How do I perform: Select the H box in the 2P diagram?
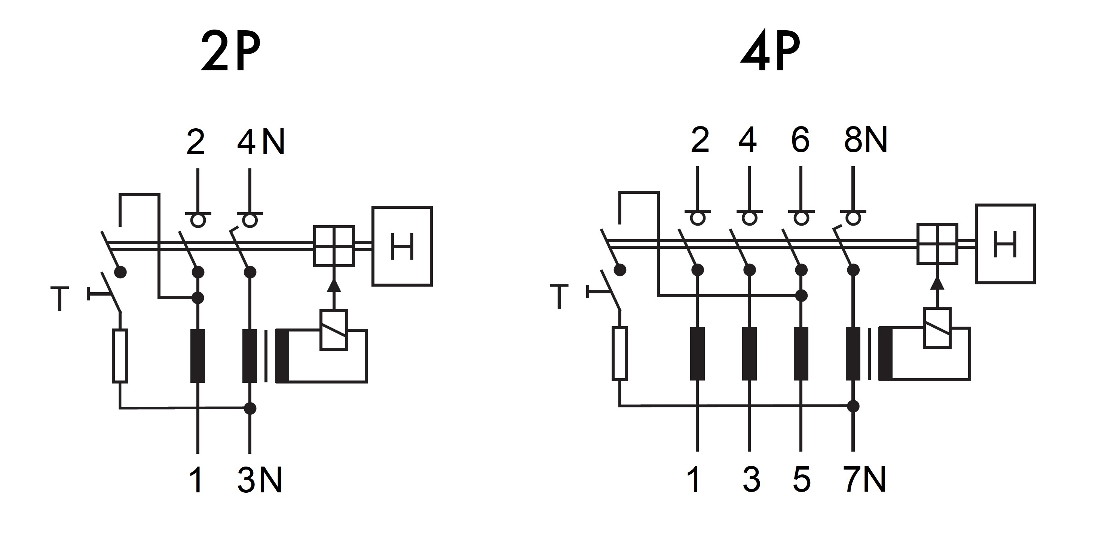click(x=402, y=246)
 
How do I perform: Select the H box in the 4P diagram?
click(x=1005, y=244)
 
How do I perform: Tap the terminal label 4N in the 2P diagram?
click(x=261, y=142)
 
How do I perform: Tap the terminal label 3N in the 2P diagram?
click(x=260, y=480)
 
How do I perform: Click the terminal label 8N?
click(x=866, y=140)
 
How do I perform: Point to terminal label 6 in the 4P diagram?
click(x=800, y=140)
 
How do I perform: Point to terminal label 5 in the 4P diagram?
click(x=801, y=480)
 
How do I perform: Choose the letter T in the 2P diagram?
click(x=60, y=299)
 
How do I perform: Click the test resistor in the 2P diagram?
click(x=120, y=356)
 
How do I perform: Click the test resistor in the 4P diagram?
click(x=619, y=354)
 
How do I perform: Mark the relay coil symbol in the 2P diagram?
click(x=333, y=330)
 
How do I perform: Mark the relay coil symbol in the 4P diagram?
click(x=937, y=327)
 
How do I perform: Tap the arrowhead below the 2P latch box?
click(x=333, y=285)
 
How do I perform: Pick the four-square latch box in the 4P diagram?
click(x=937, y=244)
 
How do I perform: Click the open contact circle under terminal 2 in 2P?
click(x=198, y=221)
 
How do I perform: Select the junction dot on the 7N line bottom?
click(x=853, y=406)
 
